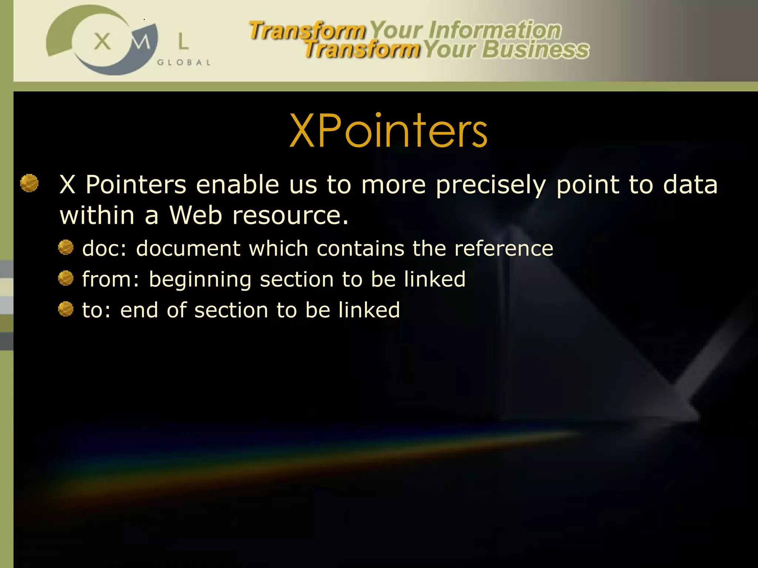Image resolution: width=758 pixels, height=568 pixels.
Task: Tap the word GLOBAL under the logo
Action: (x=184, y=62)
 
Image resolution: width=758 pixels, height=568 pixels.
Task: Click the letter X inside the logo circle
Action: (x=102, y=41)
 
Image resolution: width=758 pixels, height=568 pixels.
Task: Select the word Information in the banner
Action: (x=494, y=30)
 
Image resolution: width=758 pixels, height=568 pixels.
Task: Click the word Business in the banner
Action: (x=536, y=50)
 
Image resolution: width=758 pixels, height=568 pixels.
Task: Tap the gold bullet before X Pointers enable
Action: (x=29, y=183)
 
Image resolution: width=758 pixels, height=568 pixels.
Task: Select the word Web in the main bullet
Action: (x=195, y=215)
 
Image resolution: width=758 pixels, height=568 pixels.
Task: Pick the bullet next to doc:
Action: (x=66, y=247)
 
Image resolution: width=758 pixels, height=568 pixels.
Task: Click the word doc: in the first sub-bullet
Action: (x=104, y=248)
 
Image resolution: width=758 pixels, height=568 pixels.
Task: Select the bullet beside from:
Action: (x=66, y=278)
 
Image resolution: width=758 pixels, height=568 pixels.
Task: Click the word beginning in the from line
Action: (x=200, y=280)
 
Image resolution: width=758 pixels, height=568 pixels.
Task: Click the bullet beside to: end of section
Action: (x=66, y=309)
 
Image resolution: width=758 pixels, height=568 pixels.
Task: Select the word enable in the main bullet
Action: (x=237, y=185)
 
